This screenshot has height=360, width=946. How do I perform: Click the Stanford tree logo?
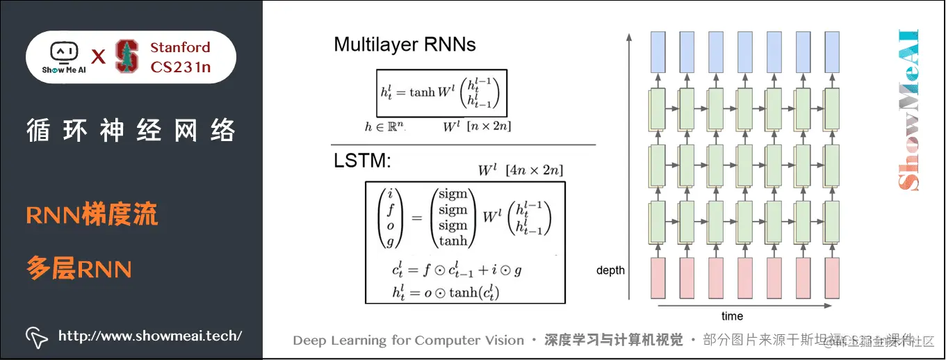[x=127, y=56]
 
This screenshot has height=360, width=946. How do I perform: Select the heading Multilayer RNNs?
[x=405, y=45]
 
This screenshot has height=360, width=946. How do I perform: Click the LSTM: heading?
[x=363, y=162]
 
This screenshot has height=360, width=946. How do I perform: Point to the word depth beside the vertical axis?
[x=610, y=270]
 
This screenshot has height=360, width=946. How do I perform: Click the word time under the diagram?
[x=732, y=316]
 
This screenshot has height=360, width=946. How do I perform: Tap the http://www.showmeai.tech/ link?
[x=150, y=336]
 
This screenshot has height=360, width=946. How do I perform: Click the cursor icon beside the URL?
[x=37, y=336]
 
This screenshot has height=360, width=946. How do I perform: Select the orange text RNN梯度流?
[x=92, y=215]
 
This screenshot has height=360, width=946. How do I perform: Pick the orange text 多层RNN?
[x=79, y=268]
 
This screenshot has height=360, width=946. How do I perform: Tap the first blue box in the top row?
[x=658, y=52]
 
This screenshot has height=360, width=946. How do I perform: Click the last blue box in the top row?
[x=832, y=52]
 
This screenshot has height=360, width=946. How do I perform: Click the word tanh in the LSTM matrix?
[x=453, y=241]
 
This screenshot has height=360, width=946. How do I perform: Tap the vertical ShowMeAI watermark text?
[x=908, y=110]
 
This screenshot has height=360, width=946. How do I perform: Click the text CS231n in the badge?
[x=181, y=67]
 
